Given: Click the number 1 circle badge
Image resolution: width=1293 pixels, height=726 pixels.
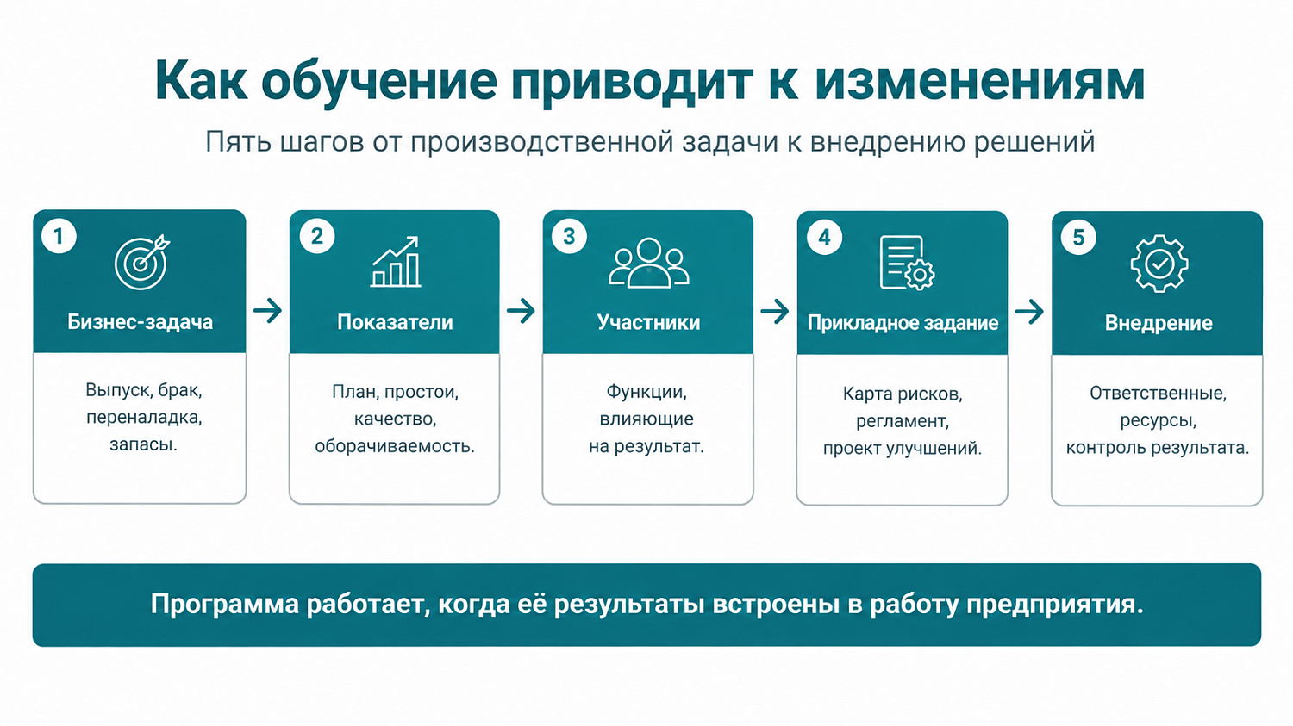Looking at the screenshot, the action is (59, 236).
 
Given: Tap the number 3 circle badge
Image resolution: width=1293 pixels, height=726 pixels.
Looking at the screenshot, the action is (569, 236).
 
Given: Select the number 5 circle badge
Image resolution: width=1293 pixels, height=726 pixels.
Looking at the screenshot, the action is (1078, 237).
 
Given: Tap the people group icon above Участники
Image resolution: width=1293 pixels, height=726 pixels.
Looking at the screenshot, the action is (649, 263).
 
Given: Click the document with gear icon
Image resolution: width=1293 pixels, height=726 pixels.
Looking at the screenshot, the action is (907, 263).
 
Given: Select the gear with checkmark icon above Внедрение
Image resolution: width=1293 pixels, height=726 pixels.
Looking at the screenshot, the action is (1159, 264).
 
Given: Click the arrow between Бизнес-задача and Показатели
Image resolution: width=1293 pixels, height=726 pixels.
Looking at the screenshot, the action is (268, 311).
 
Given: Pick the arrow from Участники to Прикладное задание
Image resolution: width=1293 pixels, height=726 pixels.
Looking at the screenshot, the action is (775, 312).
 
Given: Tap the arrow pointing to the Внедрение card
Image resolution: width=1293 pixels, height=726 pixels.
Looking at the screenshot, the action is (1030, 312).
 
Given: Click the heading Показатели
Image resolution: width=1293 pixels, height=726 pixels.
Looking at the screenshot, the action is (395, 322).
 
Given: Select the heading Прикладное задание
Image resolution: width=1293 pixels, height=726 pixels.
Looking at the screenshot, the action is (903, 323).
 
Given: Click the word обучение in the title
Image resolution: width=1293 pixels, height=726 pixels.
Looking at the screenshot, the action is (379, 80).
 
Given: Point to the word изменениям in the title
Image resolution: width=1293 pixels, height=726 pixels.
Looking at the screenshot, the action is (980, 81).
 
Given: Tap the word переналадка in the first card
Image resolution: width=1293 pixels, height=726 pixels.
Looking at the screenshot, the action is (144, 418).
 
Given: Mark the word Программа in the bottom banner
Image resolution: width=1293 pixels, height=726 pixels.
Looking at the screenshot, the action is (225, 605).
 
